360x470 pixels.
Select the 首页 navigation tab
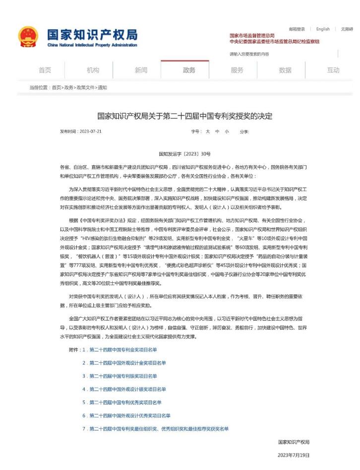pyautogui.click(x=45, y=70)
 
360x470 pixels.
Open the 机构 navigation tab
pyautogui.click(x=93, y=70)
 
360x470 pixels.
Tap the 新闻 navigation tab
pyautogui.click(x=141, y=70)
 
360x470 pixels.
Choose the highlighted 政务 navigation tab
pyautogui.click(x=189, y=70)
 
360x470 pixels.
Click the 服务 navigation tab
pyautogui.click(x=237, y=70)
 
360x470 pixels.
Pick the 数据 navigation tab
pyautogui.click(x=285, y=70)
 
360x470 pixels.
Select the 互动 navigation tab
pyautogui.click(x=333, y=70)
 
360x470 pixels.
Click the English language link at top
pyautogui.click(x=323, y=29)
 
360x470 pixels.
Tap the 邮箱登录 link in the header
pyautogui.click(x=297, y=29)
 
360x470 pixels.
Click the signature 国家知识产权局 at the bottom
pyautogui.click(x=294, y=442)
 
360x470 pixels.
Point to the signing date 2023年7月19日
pyautogui.click(x=294, y=455)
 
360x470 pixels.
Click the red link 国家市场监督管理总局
pyautogui.click(x=252, y=36)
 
